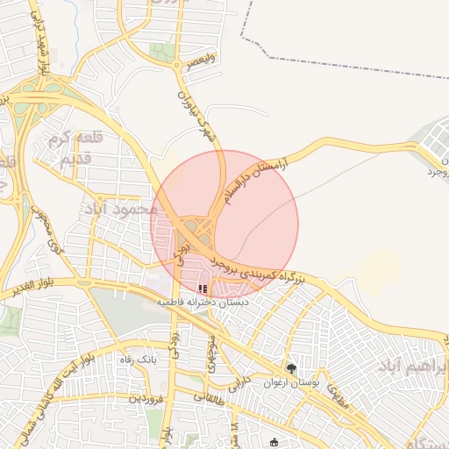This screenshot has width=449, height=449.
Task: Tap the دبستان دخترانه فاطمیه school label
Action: coord(203,301)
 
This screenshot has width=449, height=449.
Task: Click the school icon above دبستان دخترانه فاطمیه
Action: coord(203,288)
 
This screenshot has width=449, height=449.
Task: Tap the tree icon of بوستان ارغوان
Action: coord(291,369)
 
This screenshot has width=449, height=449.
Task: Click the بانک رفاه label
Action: coord(136,360)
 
